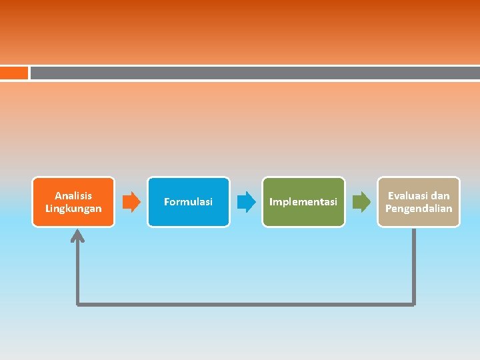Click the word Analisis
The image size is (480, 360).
pyautogui.click(x=73, y=195)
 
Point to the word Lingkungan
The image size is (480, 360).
pyautogui.click(x=73, y=209)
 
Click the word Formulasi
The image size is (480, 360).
pyautogui.click(x=189, y=201)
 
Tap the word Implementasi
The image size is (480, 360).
pyautogui.click(x=303, y=201)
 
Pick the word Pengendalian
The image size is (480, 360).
pyautogui.click(x=419, y=209)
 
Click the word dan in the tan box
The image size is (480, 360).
pyautogui.click(x=440, y=195)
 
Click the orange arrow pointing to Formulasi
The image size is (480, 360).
pyautogui.click(x=132, y=201)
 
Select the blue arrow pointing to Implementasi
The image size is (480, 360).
pyautogui.click(x=247, y=201)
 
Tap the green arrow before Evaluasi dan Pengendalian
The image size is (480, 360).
pyautogui.click(x=361, y=201)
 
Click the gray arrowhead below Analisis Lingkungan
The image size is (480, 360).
pyautogui.click(x=79, y=235)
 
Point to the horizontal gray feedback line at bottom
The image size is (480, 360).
pyautogui.click(x=247, y=304)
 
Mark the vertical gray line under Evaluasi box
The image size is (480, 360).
pyautogui.click(x=414, y=267)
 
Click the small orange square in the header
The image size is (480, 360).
pyautogui.click(x=14, y=73)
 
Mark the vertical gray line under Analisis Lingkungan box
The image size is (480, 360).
pyautogui.click(x=79, y=273)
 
